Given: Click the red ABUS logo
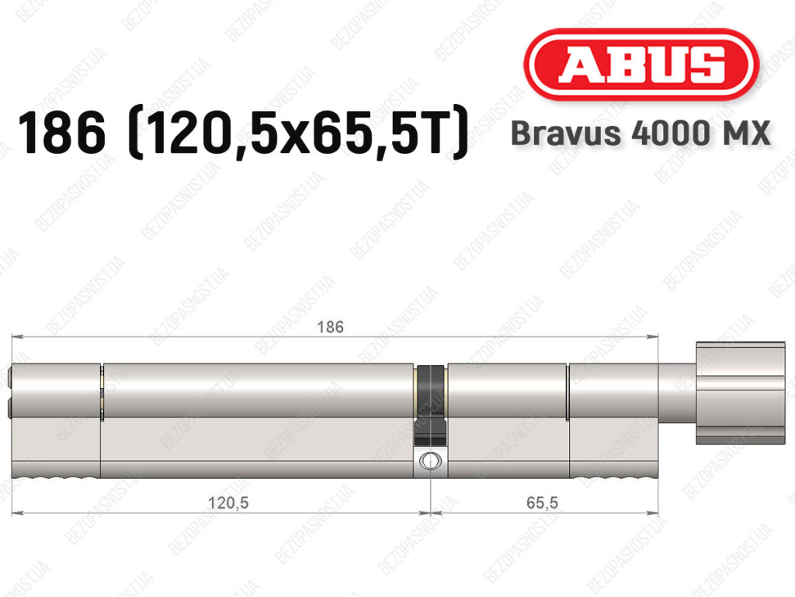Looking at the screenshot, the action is (641, 65).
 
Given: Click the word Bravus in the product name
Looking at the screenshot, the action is (566, 134).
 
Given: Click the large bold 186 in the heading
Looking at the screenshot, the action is (62, 133).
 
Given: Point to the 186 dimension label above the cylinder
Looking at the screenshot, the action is (330, 328).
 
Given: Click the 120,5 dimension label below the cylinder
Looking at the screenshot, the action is (228, 503).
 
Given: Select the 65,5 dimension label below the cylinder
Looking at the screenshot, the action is (542, 503).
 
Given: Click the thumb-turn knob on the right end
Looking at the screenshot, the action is (740, 394).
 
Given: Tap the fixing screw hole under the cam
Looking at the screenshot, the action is (430, 461).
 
